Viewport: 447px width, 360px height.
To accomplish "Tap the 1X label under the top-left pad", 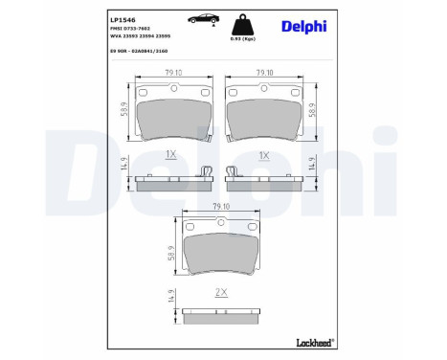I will [171, 153].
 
